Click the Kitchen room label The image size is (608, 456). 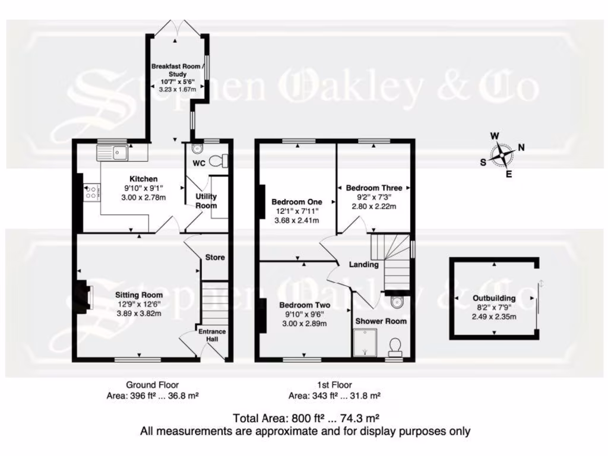point(144,179)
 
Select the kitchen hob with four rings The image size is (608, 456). point(92,191)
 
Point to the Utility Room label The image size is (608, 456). point(207,201)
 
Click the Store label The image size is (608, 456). point(215,258)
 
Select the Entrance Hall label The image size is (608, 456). point(212,334)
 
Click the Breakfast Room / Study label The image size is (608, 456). point(178,70)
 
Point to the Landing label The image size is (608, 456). point(364,265)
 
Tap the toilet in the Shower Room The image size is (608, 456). point(395,345)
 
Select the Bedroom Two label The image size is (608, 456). point(304,306)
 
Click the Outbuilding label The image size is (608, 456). point(494,299)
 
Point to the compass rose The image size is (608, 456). point(503,155)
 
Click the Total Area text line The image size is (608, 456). point(305,417)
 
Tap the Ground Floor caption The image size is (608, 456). point(152,385)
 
